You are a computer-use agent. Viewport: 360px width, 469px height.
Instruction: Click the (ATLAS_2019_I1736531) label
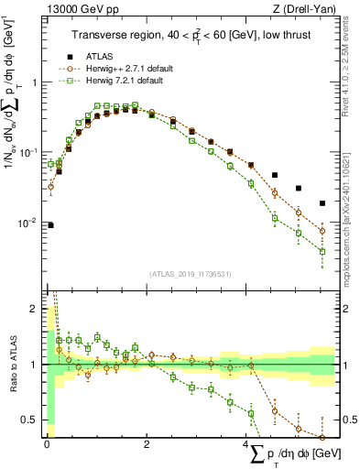pos(190,274)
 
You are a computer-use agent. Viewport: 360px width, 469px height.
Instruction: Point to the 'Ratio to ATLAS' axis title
pos(12,365)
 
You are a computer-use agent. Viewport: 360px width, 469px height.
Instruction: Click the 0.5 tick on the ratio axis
pos(34,420)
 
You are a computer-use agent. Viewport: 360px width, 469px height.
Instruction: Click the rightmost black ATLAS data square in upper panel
pos(322,203)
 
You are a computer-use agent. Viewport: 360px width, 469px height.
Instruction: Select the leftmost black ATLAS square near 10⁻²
pos(50,224)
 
